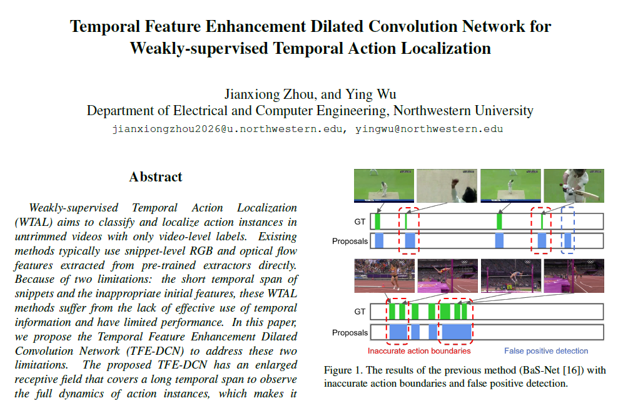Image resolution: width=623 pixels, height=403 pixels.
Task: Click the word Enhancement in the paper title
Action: click(x=255, y=27)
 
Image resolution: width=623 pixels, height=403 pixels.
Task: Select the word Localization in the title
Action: click(x=446, y=48)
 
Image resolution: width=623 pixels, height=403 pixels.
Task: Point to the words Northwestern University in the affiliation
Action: click(x=463, y=111)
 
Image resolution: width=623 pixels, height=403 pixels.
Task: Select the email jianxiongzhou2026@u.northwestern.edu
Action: click(x=227, y=129)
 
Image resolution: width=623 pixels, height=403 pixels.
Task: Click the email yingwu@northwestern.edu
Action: click(x=429, y=129)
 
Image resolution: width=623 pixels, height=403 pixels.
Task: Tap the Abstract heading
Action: click(x=156, y=177)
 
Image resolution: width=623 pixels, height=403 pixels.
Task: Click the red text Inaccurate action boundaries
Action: click(x=419, y=351)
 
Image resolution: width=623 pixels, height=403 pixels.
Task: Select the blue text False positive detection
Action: click(x=546, y=351)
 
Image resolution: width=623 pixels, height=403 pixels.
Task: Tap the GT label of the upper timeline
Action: click(x=360, y=222)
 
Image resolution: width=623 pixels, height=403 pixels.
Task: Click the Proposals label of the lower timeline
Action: click(x=350, y=333)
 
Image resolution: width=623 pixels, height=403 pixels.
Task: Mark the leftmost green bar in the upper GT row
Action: click(x=377, y=222)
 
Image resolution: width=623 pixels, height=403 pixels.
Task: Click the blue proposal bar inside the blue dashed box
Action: click(x=568, y=241)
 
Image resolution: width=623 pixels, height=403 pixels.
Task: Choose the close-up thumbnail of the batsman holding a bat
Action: click(x=574, y=186)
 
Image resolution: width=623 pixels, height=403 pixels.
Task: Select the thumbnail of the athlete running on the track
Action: click(x=384, y=276)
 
